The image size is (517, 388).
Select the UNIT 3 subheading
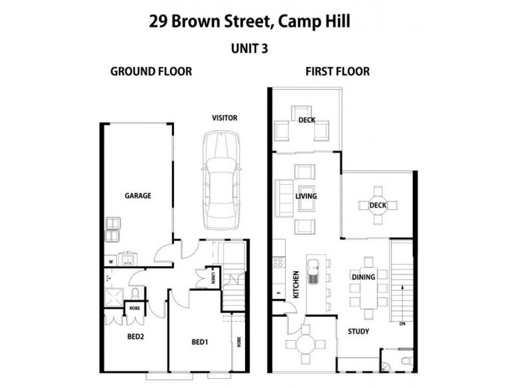click(249, 48)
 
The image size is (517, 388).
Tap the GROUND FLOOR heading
click(151, 71)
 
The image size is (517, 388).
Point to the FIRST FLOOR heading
click(337, 71)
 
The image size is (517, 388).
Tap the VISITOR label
click(225, 118)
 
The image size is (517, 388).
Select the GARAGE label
click(138, 195)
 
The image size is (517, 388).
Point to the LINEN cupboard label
click(214, 277)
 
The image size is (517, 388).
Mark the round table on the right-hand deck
click(377, 206)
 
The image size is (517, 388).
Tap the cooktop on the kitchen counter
click(278, 263)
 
